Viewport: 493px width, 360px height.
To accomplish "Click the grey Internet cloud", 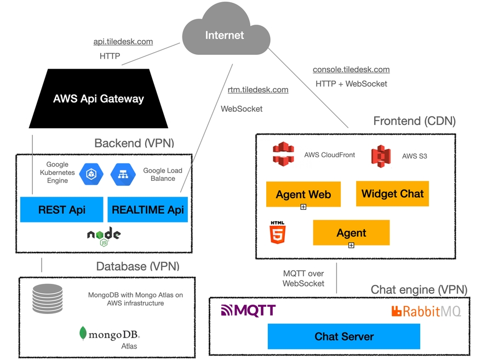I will click(x=225, y=36).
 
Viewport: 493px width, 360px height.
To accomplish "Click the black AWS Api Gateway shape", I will click(x=99, y=99).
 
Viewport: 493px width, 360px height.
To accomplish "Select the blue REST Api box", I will click(x=61, y=209).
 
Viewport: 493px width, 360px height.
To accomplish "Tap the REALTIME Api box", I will click(x=148, y=209).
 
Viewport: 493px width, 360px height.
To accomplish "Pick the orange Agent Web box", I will click(x=303, y=194).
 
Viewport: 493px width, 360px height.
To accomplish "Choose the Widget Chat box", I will click(x=392, y=193).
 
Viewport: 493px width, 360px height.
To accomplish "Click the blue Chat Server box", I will click(x=343, y=336).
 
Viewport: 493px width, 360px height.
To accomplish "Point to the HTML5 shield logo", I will click(x=278, y=232).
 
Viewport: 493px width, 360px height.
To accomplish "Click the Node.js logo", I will click(x=104, y=235).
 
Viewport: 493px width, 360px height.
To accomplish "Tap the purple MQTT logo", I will click(x=248, y=311).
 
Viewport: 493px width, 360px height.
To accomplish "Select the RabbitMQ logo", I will click(x=426, y=311).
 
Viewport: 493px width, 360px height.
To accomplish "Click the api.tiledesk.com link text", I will click(x=123, y=42).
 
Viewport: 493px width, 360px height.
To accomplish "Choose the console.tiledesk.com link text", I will click(x=351, y=70).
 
